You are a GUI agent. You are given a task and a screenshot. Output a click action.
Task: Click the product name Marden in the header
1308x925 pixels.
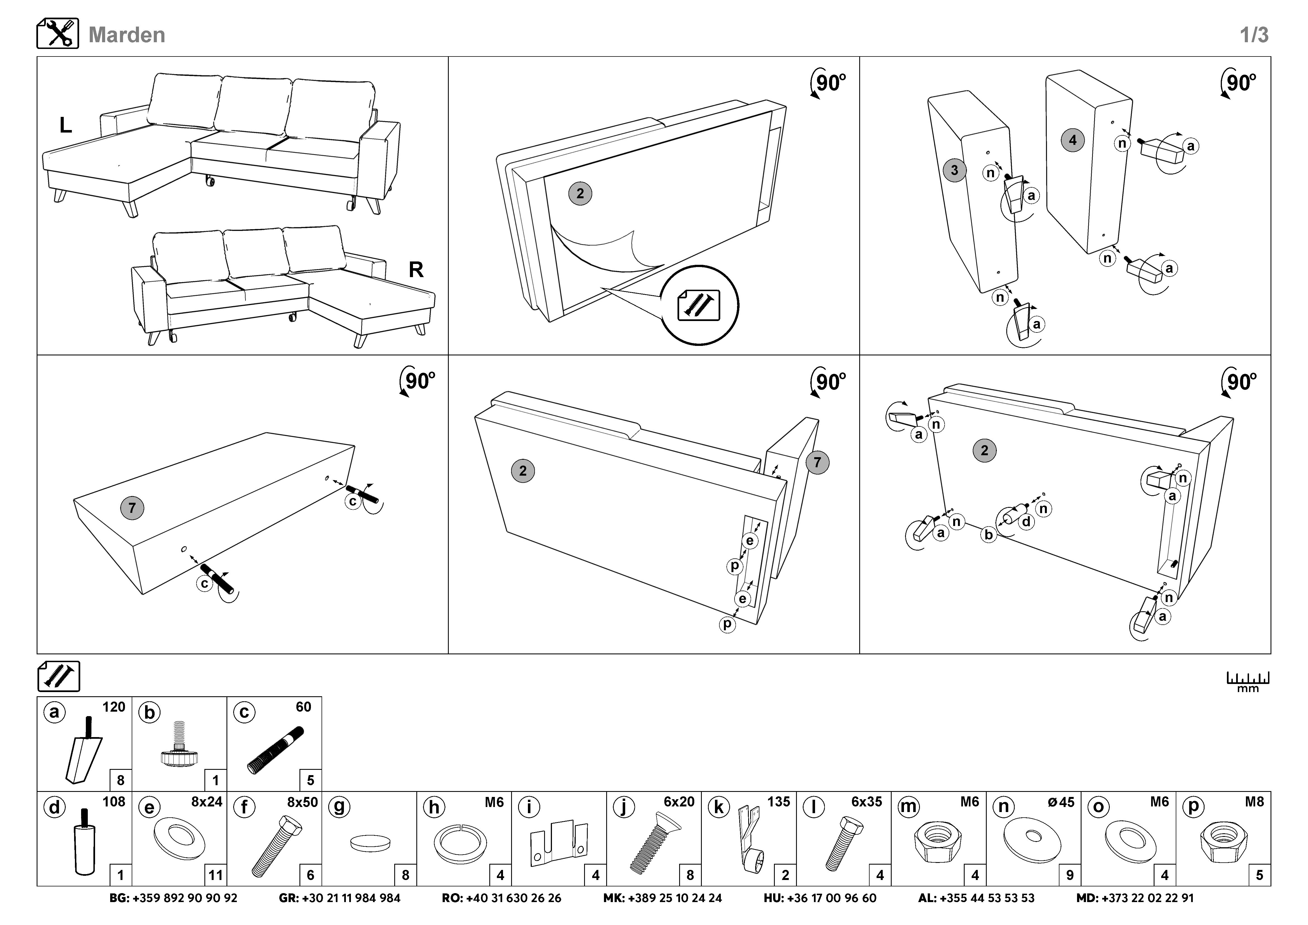click(126, 35)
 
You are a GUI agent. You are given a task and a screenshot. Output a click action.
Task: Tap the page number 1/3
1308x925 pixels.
click(1254, 35)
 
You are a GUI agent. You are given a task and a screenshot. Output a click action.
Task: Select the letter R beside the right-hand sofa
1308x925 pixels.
click(416, 269)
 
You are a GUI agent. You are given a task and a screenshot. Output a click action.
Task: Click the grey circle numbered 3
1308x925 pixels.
click(954, 170)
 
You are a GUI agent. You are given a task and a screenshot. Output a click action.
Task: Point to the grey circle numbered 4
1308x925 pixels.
click(1073, 140)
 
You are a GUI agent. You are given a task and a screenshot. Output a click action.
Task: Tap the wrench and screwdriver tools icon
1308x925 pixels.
click(58, 34)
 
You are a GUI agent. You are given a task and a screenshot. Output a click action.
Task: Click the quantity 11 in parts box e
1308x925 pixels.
click(215, 875)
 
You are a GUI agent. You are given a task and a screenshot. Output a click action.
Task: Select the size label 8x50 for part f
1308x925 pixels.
click(302, 802)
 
